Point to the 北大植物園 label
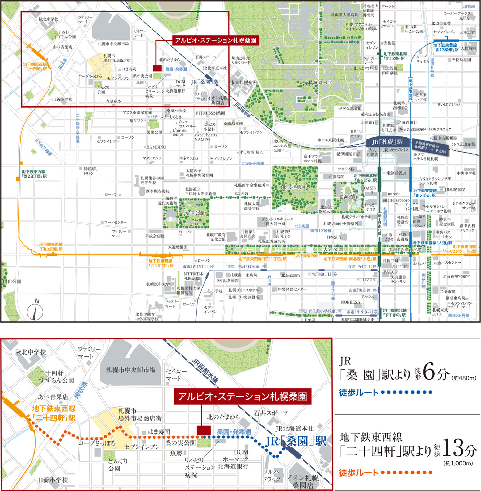(294, 187)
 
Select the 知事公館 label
(195, 213)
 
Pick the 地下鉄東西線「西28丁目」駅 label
(34, 174)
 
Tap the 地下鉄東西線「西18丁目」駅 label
(161, 263)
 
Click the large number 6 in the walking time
(429, 373)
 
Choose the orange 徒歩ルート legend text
(358, 473)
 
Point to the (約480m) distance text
(464, 378)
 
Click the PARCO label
(390, 272)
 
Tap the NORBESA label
(351, 302)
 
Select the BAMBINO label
(156, 147)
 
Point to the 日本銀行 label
(334, 237)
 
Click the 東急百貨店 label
(396, 173)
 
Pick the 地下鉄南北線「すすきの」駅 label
(394, 313)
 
